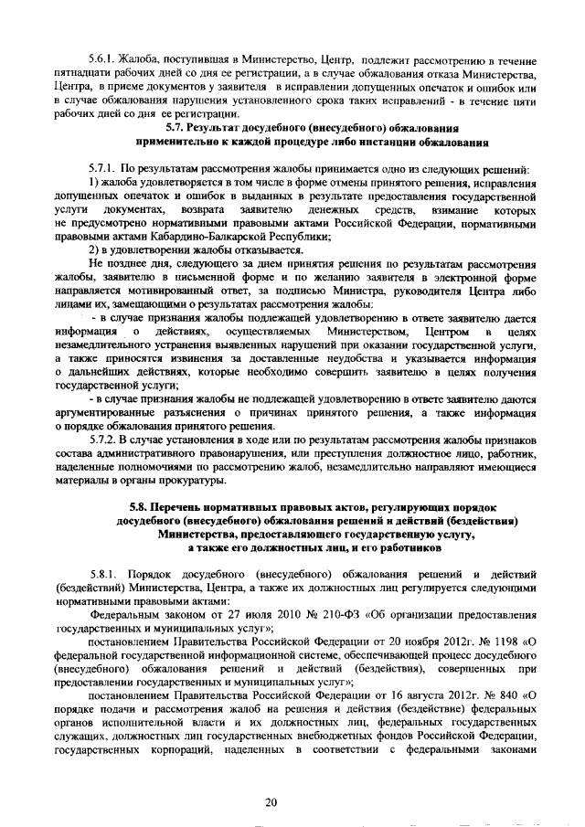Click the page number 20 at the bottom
coord(271,800)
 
